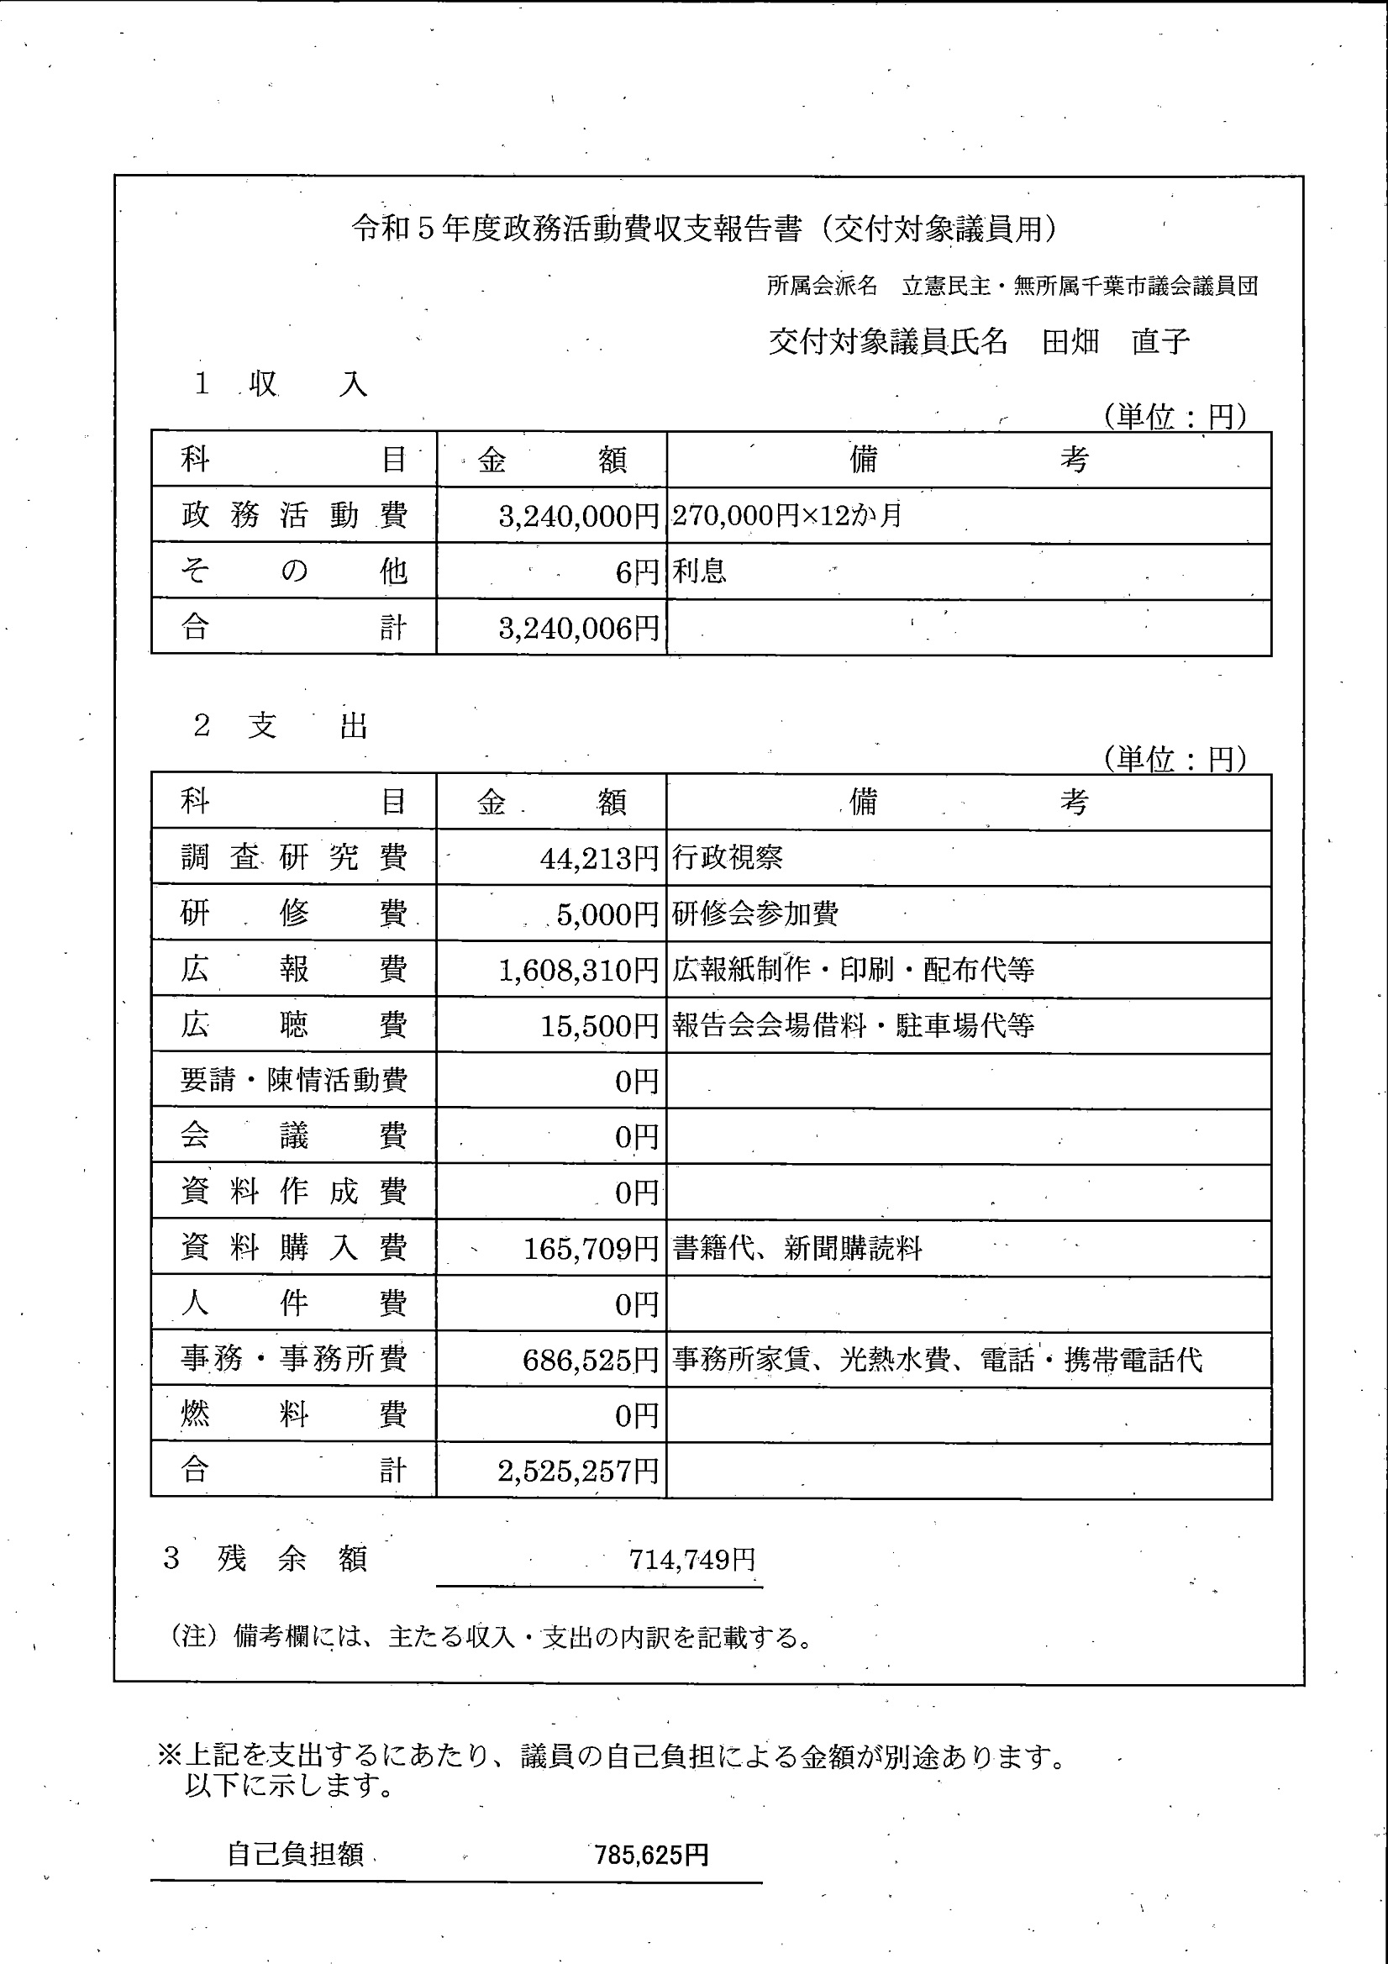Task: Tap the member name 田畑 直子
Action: tap(1115, 342)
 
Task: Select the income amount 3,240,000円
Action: tap(579, 516)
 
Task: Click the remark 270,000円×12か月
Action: tap(786, 516)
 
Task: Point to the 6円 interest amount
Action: tap(637, 572)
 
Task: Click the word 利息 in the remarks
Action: tap(700, 571)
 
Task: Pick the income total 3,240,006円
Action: tap(579, 629)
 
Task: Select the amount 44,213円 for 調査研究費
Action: tap(600, 858)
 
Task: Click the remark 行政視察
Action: tap(728, 857)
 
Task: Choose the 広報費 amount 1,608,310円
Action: tap(579, 970)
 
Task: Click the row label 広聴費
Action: tap(293, 1024)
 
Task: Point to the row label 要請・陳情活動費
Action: tap(293, 1081)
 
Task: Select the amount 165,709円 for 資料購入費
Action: tap(591, 1249)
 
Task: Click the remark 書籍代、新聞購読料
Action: tap(797, 1249)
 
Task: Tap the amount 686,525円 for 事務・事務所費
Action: tap(591, 1360)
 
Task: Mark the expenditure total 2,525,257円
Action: tap(579, 1472)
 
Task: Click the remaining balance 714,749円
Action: tap(691, 1560)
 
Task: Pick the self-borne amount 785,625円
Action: tap(652, 1855)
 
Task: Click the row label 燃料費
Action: tap(293, 1415)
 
